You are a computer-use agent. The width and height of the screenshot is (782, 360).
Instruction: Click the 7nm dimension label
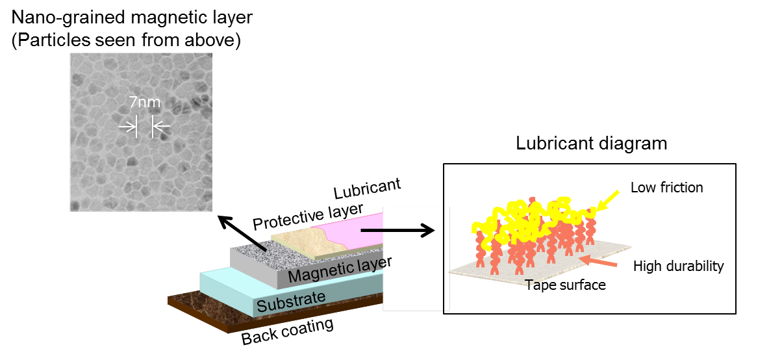click(144, 103)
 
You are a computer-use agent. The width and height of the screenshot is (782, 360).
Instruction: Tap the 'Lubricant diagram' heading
click(592, 143)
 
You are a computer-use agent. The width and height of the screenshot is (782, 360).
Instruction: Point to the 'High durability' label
click(678, 266)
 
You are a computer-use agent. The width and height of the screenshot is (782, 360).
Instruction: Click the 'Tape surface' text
click(566, 285)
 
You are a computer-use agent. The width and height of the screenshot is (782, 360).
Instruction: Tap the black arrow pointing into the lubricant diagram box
click(396, 229)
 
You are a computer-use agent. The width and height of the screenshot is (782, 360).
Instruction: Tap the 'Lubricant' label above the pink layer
click(367, 188)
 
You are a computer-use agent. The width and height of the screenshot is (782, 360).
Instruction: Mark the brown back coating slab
click(214, 312)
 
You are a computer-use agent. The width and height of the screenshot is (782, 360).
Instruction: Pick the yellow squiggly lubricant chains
click(533, 214)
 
